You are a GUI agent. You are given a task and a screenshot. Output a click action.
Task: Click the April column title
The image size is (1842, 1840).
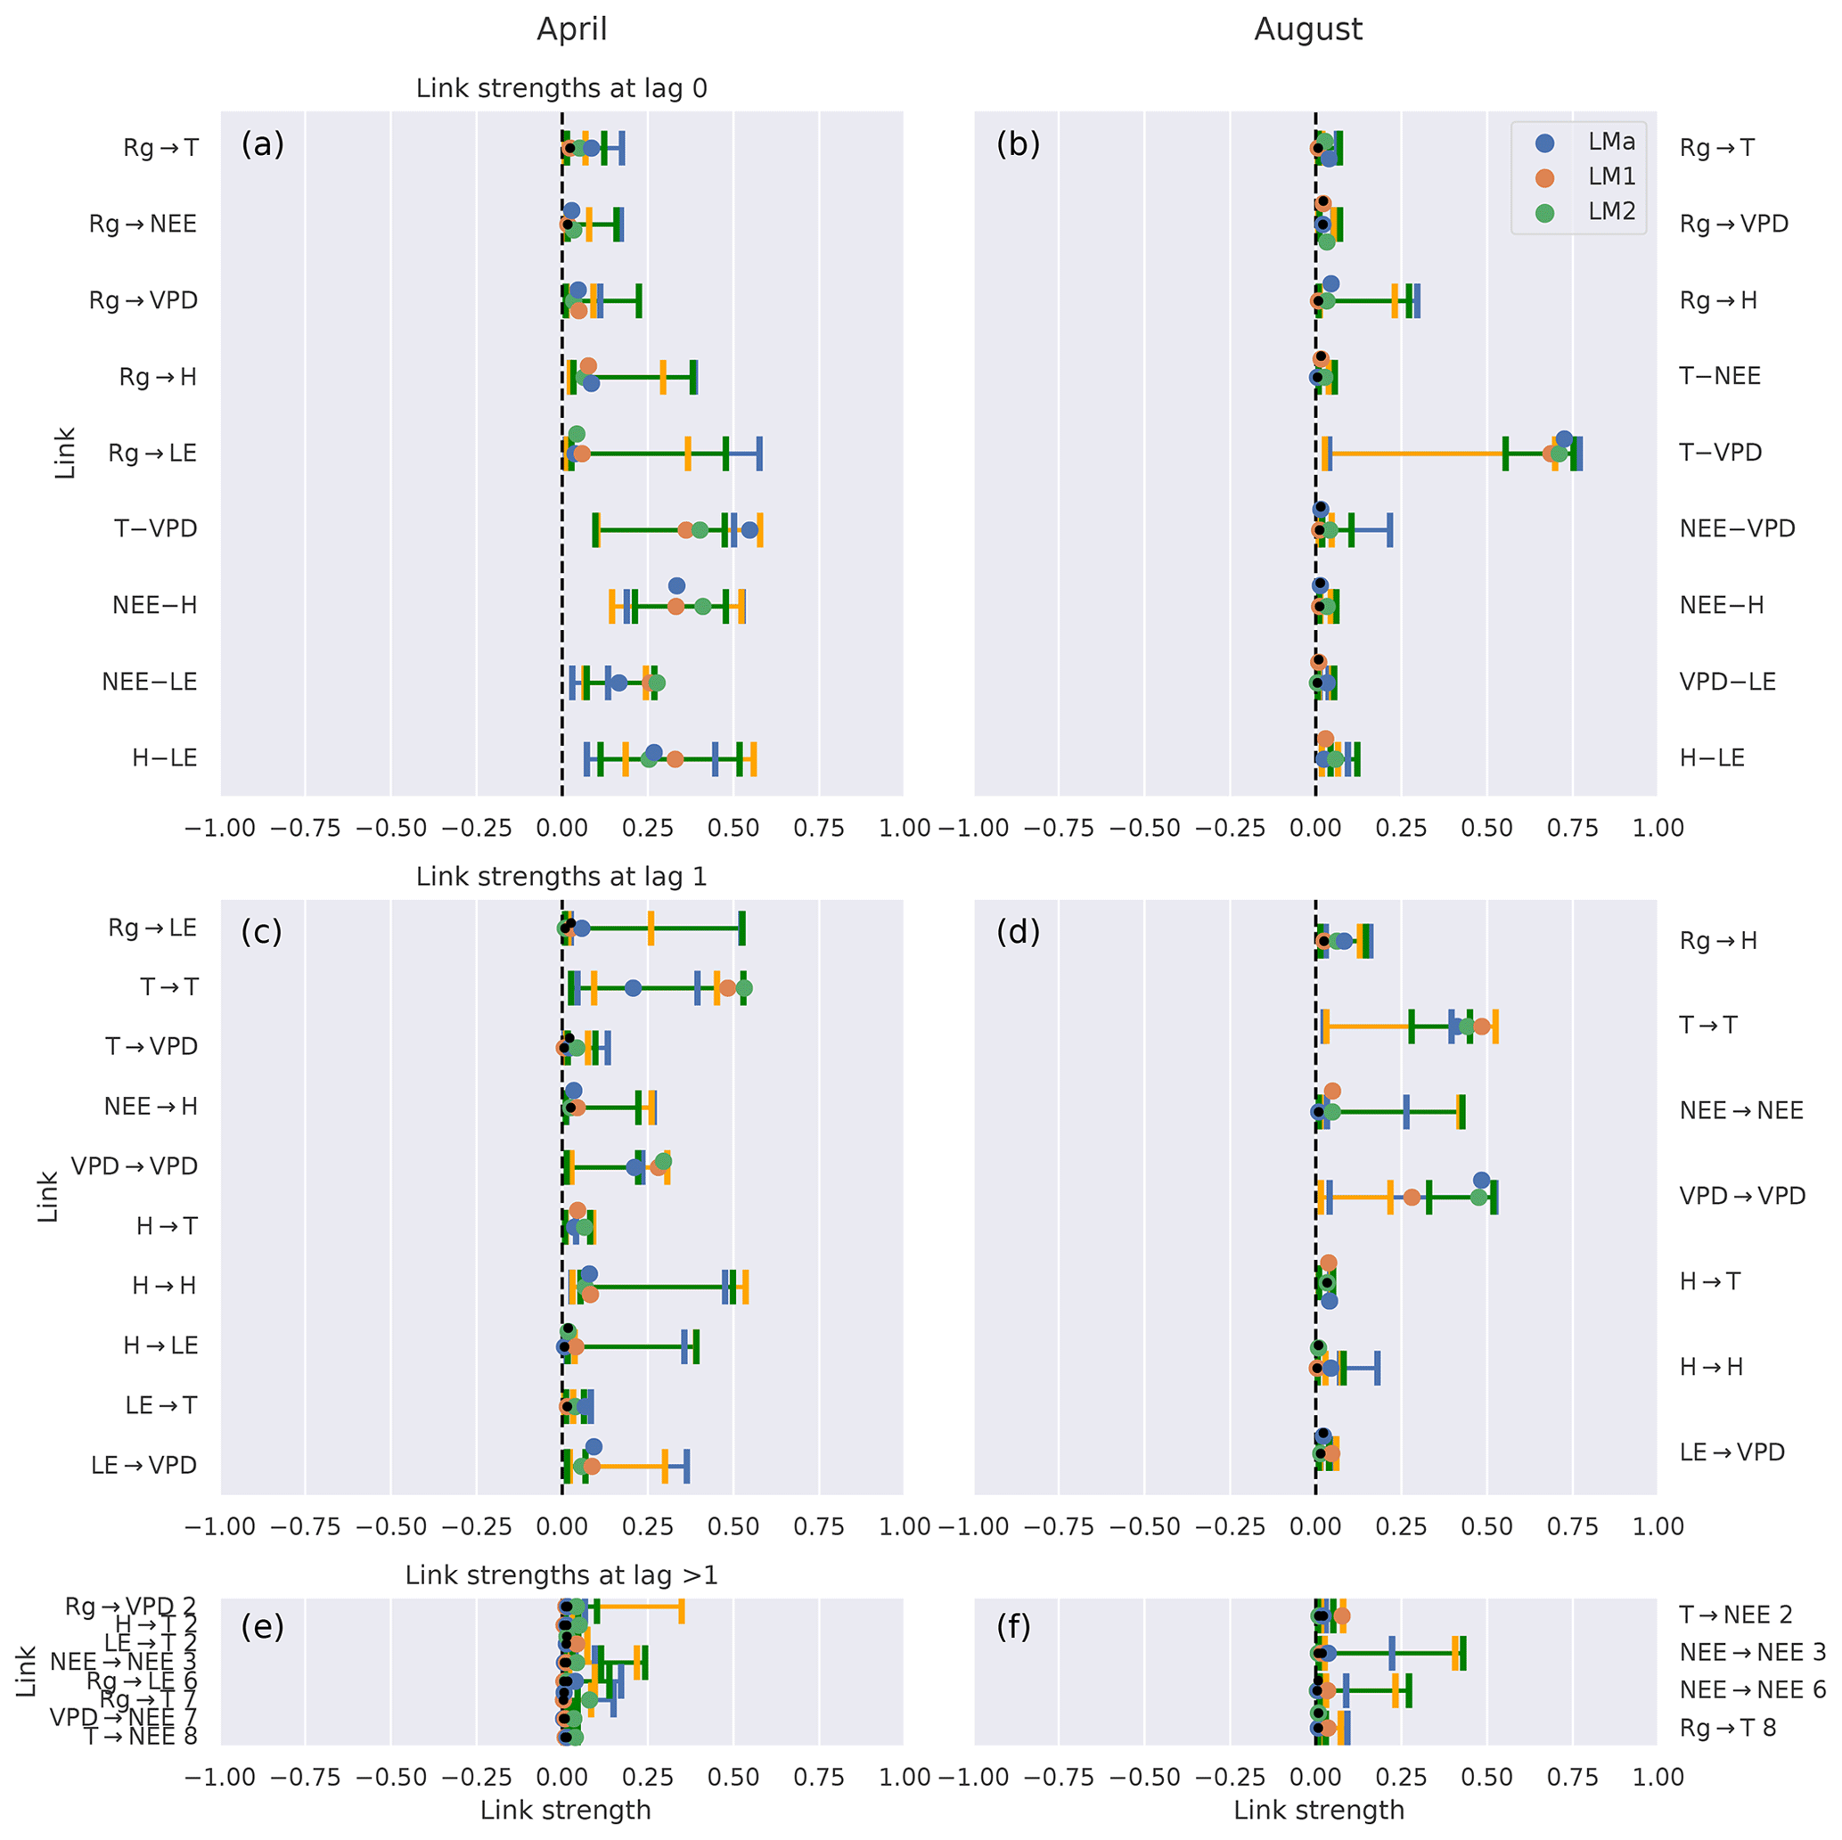point(571,29)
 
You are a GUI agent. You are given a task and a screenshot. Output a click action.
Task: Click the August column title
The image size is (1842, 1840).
point(1307,29)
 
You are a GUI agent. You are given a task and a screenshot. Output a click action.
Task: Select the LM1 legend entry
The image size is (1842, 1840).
point(1610,176)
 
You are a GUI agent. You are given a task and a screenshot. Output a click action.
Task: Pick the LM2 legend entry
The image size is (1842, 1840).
point(1610,212)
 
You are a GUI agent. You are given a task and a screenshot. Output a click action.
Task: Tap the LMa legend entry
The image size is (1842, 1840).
point(1610,142)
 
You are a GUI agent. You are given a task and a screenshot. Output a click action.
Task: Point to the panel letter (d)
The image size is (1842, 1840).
point(1018,931)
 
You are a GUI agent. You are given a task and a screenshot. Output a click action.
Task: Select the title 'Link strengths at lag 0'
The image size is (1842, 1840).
point(561,89)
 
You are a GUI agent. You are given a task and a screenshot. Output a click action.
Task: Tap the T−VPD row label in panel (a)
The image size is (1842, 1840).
point(155,529)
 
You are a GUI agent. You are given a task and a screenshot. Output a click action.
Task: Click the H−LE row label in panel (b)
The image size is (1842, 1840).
point(1711,758)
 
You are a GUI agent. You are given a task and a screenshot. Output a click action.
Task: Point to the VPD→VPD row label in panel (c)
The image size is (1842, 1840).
point(134,1166)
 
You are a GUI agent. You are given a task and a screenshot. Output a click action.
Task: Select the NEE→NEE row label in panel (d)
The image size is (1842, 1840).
point(1741,1110)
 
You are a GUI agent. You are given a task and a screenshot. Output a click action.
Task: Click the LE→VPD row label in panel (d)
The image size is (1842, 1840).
point(1731,1452)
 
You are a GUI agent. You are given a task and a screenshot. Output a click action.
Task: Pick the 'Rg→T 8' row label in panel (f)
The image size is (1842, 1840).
point(1728,1728)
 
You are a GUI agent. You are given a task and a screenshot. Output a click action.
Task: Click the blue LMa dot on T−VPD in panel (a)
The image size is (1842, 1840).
point(749,530)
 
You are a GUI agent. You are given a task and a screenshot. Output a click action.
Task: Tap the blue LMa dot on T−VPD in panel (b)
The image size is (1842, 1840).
point(1564,439)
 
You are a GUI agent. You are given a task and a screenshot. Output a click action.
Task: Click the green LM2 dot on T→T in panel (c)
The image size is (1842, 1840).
point(744,987)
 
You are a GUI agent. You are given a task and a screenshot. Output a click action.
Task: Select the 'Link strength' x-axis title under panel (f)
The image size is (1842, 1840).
point(1319,1810)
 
